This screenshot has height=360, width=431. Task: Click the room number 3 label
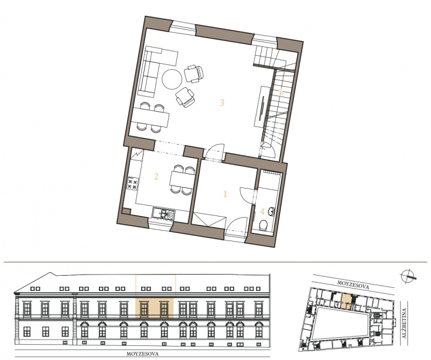222,103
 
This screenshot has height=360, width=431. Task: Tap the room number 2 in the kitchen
156,176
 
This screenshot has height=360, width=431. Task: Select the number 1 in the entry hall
225,194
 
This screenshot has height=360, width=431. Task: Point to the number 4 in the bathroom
262,211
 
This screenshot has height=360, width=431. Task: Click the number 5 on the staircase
281,92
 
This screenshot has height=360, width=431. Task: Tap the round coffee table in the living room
172,79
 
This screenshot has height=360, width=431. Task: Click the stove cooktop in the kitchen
132,184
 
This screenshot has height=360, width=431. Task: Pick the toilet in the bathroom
264,225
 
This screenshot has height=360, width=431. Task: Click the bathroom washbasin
271,211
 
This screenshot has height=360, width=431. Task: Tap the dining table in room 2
182,180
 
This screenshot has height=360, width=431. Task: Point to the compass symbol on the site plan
408,276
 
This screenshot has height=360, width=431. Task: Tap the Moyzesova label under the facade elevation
142,354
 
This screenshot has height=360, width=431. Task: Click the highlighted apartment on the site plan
346,301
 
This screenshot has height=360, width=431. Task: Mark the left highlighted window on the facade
143,309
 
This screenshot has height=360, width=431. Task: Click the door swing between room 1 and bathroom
247,195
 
